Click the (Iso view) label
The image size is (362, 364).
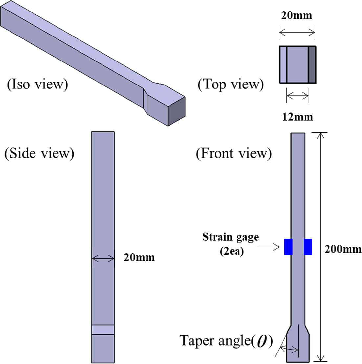click(x=37, y=85)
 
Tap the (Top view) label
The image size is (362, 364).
click(x=231, y=85)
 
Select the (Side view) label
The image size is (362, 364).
click(x=39, y=154)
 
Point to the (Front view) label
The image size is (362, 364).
click(x=234, y=154)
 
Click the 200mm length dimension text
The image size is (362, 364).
click(x=343, y=249)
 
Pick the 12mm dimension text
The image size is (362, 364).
click(x=298, y=117)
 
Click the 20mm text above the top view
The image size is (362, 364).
click(x=297, y=15)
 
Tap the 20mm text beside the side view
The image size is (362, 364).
click(x=139, y=257)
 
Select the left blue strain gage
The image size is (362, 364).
click(x=288, y=247)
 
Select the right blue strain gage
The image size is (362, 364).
click(x=308, y=247)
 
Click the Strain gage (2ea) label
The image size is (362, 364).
click(x=231, y=244)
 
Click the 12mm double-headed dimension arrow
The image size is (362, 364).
click(x=298, y=96)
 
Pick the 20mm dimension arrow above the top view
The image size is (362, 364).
click(x=297, y=32)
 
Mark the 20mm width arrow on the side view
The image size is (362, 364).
click(x=103, y=259)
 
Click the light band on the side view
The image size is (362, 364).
click(x=103, y=330)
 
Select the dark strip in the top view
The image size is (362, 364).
click(x=312, y=64)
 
